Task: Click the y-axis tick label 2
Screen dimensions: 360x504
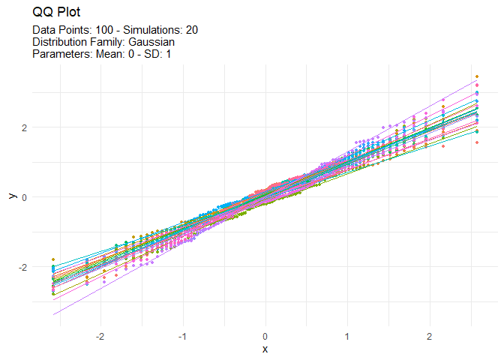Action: [24, 127]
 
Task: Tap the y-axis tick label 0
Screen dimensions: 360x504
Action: [24, 197]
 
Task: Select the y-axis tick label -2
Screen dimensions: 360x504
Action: [22, 267]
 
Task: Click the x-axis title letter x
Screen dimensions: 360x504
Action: [265, 349]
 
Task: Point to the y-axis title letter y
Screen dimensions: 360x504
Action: [11, 196]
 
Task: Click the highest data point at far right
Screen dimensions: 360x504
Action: [477, 77]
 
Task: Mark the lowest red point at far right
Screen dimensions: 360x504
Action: [477, 142]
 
